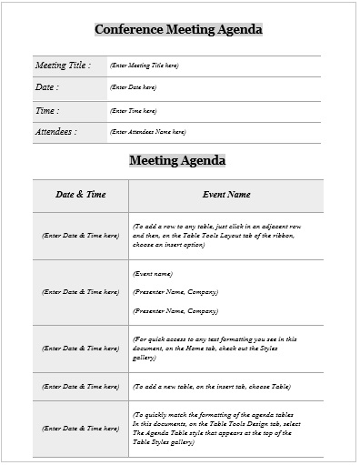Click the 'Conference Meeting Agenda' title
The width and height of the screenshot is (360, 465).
point(178,30)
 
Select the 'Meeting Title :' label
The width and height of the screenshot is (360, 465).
point(62,66)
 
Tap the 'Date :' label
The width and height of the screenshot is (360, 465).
point(46,87)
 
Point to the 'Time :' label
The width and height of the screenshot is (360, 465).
point(46,110)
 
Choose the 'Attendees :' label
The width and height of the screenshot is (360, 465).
point(55,132)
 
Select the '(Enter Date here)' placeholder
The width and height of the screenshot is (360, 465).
point(133,87)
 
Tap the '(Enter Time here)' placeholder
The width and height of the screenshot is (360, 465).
point(133,110)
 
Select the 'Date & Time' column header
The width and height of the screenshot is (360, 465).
point(80,195)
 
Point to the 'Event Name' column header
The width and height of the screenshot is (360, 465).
point(225,195)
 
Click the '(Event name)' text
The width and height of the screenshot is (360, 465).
point(153,274)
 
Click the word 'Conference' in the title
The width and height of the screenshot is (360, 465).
point(128,30)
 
